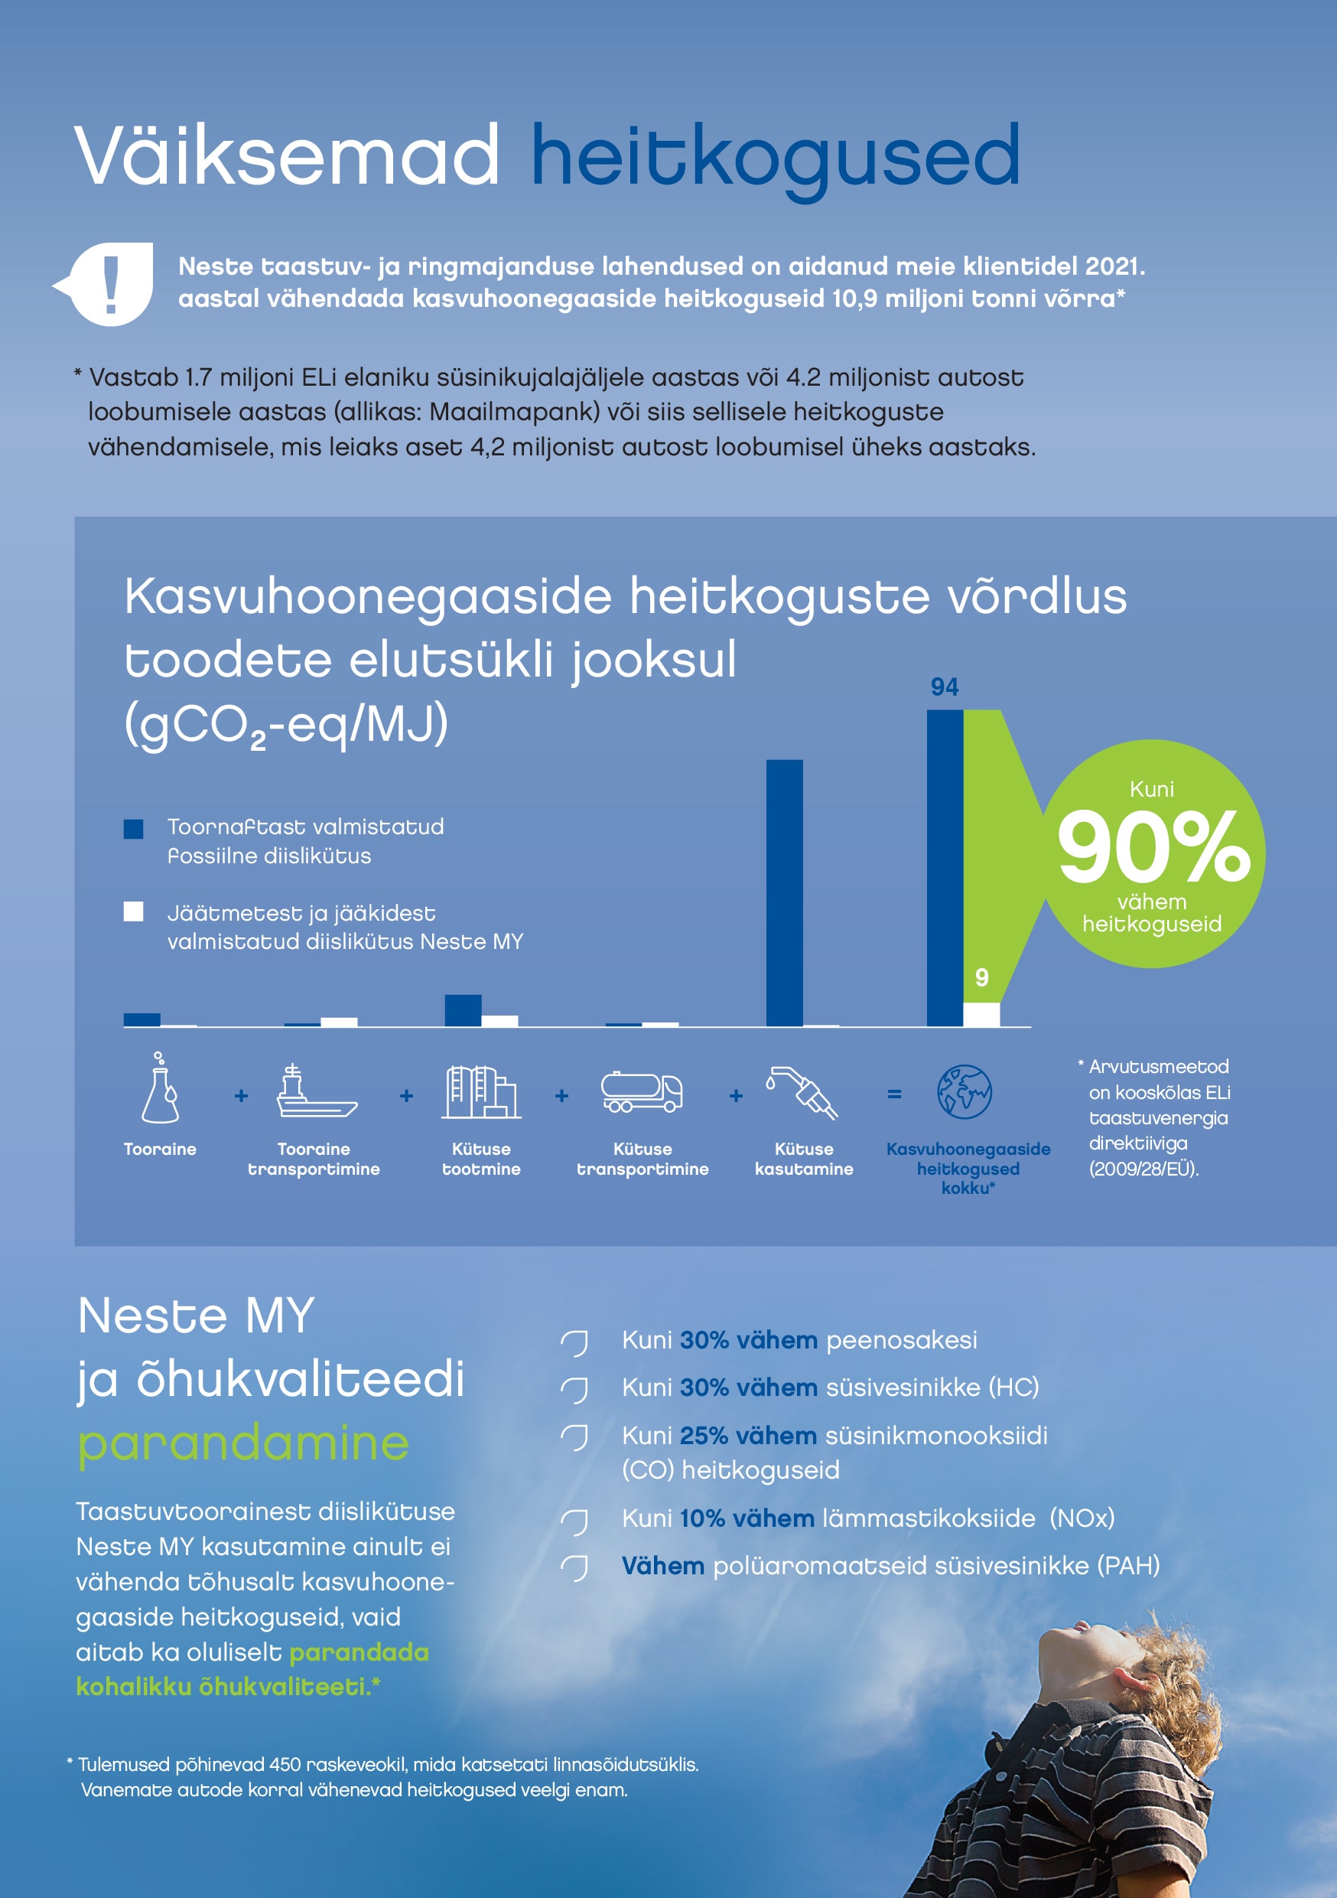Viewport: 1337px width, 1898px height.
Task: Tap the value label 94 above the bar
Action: (945, 687)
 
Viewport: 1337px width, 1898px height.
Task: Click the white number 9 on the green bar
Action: (981, 978)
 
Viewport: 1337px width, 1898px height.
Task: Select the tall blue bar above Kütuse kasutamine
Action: (784, 893)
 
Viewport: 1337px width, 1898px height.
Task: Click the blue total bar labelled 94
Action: (945, 868)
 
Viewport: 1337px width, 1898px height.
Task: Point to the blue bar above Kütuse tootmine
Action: (463, 1010)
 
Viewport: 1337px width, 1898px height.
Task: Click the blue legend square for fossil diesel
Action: (133, 829)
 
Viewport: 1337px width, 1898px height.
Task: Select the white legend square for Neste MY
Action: (133, 911)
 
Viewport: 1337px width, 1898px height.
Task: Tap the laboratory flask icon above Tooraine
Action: (161, 1090)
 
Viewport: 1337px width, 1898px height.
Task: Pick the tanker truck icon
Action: (642, 1092)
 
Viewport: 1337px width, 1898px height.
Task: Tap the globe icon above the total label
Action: (965, 1092)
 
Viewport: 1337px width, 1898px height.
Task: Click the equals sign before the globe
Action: (894, 1094)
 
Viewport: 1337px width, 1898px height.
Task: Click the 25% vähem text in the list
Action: (748, 1436)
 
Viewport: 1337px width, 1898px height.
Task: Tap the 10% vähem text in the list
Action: (747, 1518)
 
